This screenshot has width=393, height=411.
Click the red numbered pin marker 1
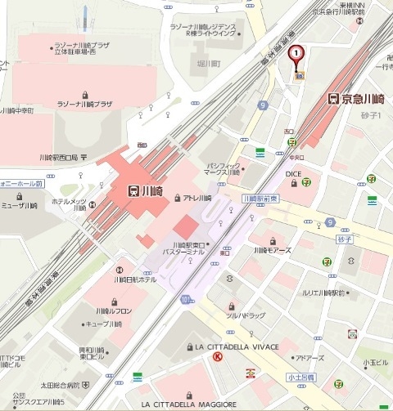[296, 54]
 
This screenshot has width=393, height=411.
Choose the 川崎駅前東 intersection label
[262, 199]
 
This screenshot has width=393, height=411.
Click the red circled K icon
[218, 358]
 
